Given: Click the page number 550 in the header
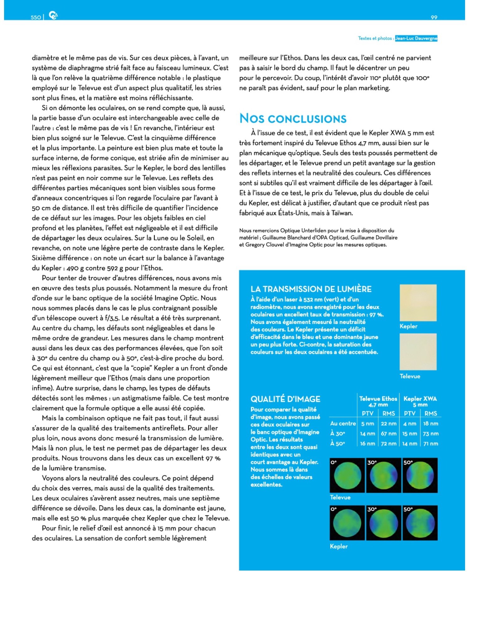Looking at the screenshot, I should pyautogui.click(x=36, y=17).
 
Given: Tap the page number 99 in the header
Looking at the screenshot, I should pyautogui.click(x=434, y=17).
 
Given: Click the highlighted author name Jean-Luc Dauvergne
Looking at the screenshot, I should pyautogui.click(x=416, y=38).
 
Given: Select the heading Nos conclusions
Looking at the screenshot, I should pyautogui.click(x=293, y=118).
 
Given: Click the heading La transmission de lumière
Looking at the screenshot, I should pyautogui.click(x=311, y=289).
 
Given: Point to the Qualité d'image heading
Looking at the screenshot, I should pyautogui.click(x=285, y=399).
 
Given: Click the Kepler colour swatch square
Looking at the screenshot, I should pyautogui.click(x=418, y=303).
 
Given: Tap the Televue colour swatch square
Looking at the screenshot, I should pyautogui.click(x=418, y=352).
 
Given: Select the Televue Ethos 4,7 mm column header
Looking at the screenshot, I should pyautogui.click(x=378, y=401).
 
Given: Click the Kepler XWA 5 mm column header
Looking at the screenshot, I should pyautogui.click(x=420, y=401).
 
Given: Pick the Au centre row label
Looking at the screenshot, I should pyautogui.click(x=343, y=424).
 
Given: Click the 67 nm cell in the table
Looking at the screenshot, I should pyautogui.click(x=388, y=434).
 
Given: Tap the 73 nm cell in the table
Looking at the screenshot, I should pyautogui.click(x=431, y=434).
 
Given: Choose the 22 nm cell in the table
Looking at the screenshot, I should pyautogui.click(x=388, y=424).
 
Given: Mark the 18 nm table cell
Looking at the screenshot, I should pyautogui.click(x=431, y=424).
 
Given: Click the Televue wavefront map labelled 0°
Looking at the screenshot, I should pyautogui.click(x=347, y=475).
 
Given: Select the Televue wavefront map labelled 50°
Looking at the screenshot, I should pyautogui.click(x=420, y=475).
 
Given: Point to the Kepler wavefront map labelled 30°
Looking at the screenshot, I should pyautogui.click(x=384, y=523).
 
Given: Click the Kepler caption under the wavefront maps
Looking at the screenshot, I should pyautogui.click(x=339, y=546).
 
